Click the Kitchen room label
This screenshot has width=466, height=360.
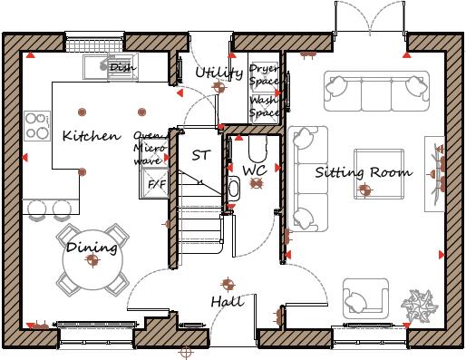coord(91,137)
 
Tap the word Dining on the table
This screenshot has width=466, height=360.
coord(92,248)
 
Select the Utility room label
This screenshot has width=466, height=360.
coord(218,73)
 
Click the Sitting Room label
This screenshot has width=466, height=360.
coord(363,172)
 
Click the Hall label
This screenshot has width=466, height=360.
coord(227,301)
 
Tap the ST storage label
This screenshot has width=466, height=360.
coord(200,155)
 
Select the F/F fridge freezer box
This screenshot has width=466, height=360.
coord(157,186)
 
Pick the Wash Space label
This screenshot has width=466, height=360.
coord(264,107)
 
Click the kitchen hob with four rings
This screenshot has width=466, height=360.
coord(37,126)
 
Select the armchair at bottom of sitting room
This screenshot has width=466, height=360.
coord(365,298)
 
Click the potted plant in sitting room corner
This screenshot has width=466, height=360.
coord(420,303)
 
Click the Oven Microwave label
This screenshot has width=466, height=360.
coord(148,148)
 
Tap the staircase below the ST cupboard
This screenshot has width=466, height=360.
coord(199,218)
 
